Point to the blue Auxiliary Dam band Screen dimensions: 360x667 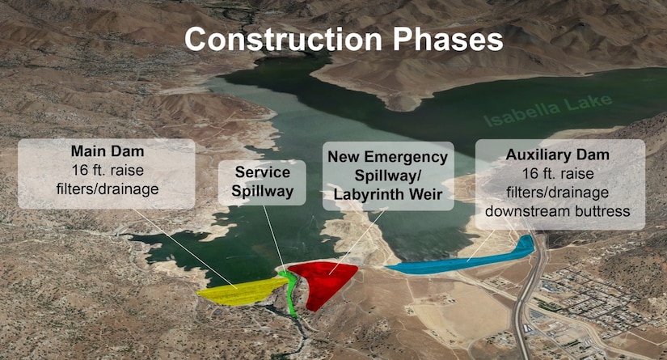pyautogui.click(x=461, y=260)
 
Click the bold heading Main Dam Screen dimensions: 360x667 pyautogui.click(x=106, y=151)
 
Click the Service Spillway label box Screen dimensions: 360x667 pyautogui.click(x=262, y=182)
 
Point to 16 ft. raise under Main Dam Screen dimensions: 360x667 pyautogui.click(x=106, y=171)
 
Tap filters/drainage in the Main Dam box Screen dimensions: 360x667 pyautogui.click(x=106, y=190)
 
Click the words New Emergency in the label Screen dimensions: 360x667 pyautogui.click(x=387, y=155)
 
